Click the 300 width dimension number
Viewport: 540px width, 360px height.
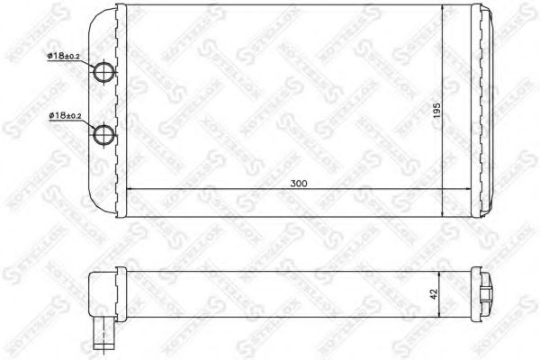(x=299, y=183)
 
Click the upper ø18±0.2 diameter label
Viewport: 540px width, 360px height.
(x=65, y=57)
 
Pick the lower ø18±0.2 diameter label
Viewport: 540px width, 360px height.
(x=65, y=116)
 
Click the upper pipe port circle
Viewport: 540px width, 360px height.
(x=107, y=74)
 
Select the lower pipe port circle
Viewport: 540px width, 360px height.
(x=107, y=134)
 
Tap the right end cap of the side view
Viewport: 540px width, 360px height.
(x=486, y=292)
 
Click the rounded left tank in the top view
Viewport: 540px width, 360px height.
(x=106, y=108)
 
